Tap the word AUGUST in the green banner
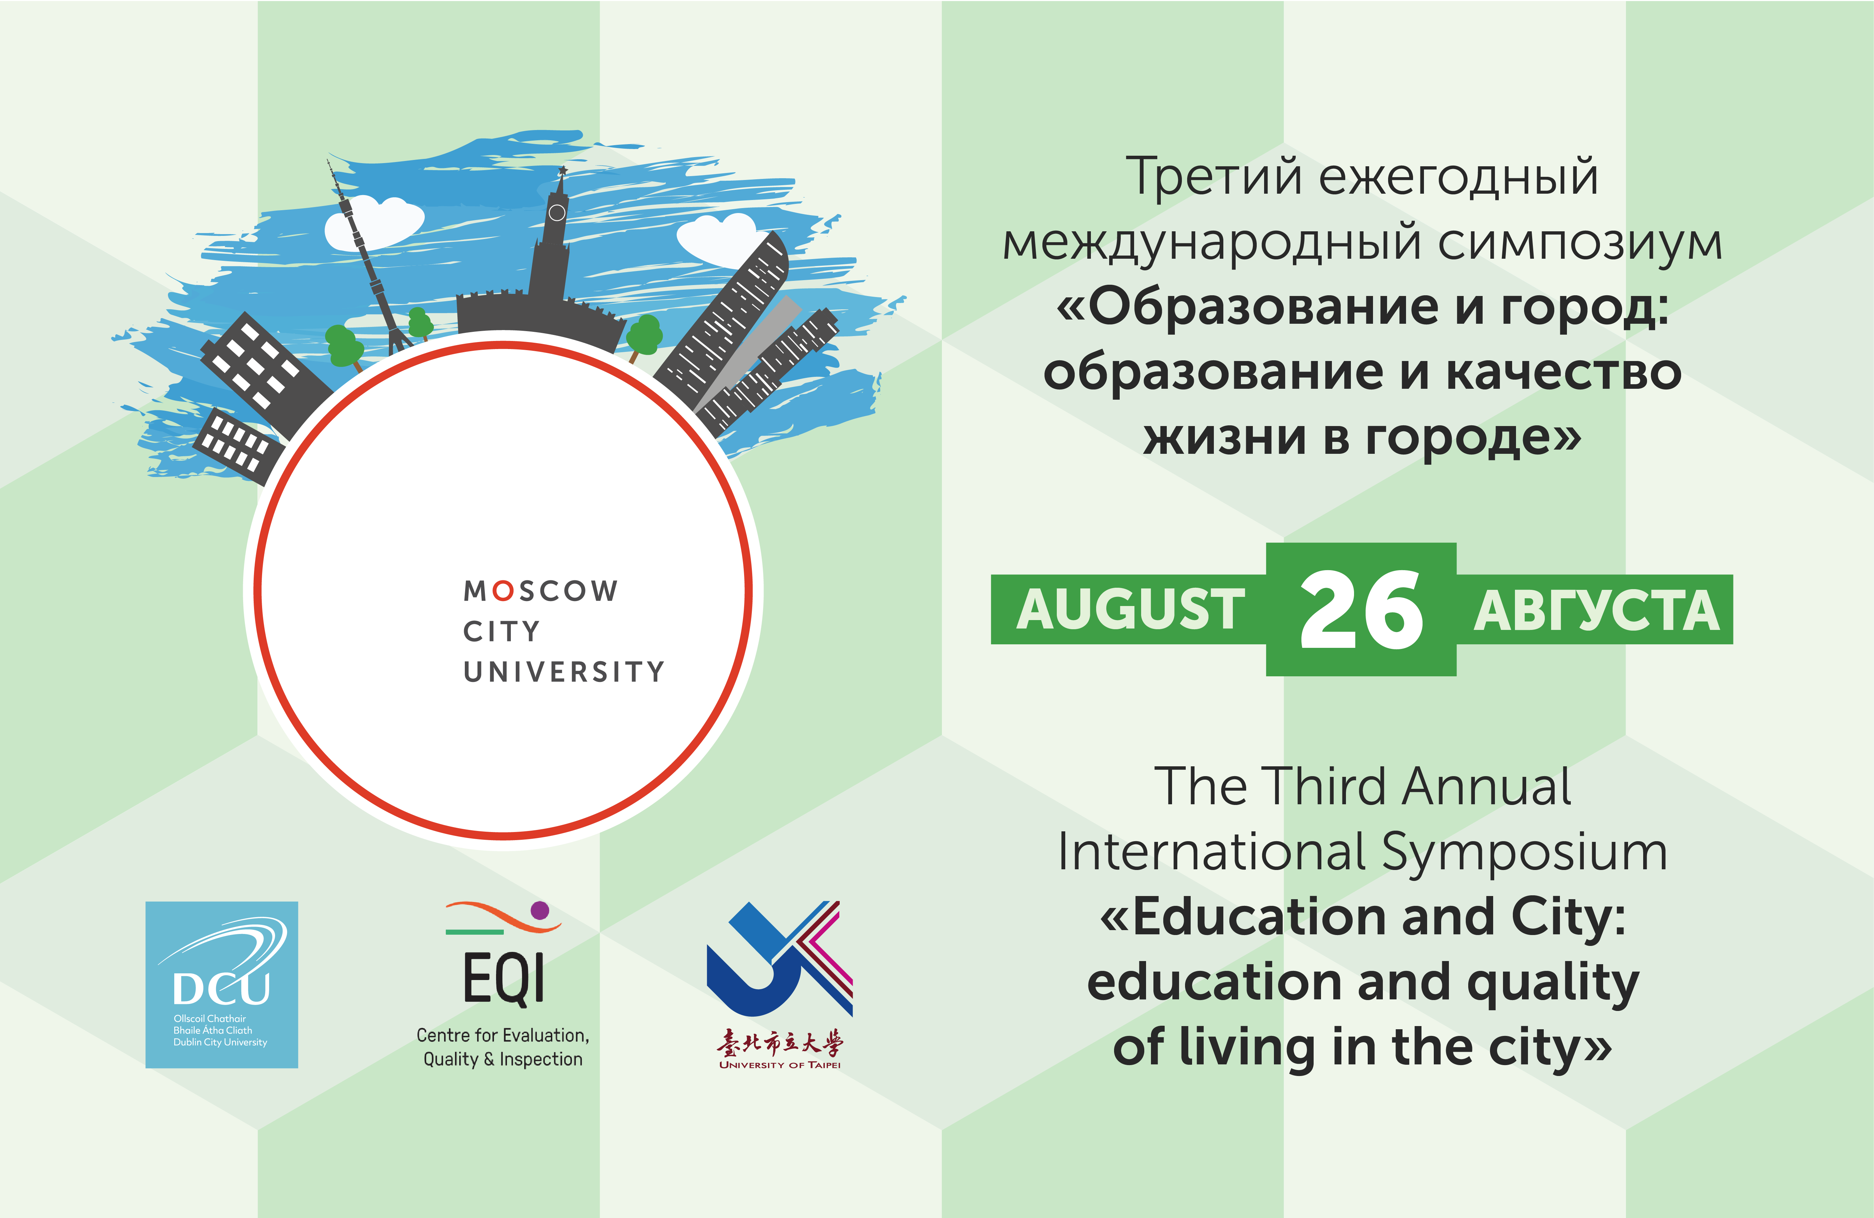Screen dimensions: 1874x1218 (1131, 610)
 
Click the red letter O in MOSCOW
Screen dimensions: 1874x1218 (502, 591)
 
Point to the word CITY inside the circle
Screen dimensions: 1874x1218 (502, 631)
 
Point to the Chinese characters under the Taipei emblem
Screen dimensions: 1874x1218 (780, 1043)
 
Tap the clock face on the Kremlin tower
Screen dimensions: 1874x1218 (557, 213)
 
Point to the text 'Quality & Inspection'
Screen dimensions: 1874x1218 (503, 1060)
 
